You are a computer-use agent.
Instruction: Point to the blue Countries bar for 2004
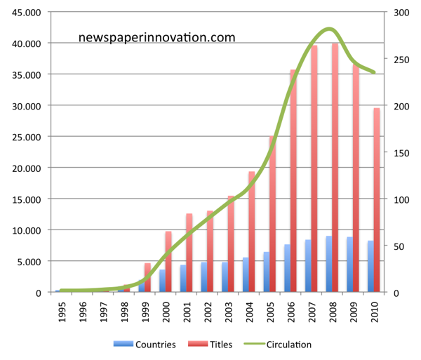246,274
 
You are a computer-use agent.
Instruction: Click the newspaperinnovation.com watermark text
156,38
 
